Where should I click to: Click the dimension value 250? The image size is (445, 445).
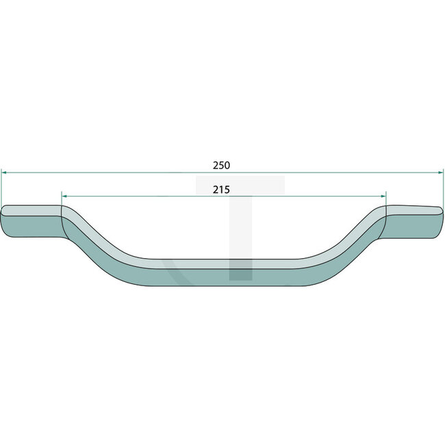221,165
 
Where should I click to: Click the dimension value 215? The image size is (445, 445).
220,189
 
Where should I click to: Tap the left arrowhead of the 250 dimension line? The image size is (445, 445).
3,173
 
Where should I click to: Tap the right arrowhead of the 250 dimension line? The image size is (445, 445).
441,173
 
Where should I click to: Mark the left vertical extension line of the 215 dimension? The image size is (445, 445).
62,201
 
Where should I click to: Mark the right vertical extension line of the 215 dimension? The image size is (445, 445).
387,201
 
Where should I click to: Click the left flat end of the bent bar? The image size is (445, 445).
31,222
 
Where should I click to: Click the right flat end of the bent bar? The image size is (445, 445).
414,221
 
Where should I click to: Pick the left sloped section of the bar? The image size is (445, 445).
103,246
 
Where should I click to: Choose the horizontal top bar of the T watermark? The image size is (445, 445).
240,184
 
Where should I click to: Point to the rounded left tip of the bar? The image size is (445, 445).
3,222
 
